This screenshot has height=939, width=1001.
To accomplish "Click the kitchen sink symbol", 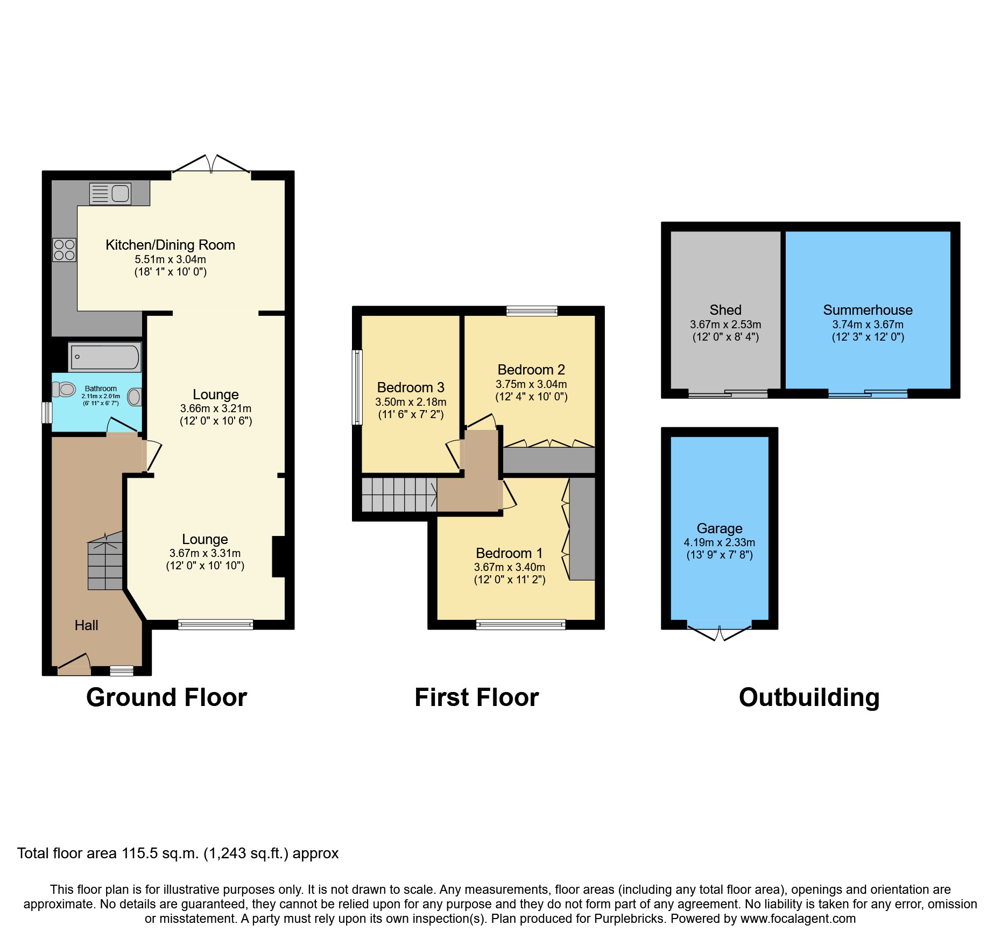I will (110, 194).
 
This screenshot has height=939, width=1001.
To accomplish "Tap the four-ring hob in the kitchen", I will (64, 250).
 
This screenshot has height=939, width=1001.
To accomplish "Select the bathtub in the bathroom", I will (105, 357).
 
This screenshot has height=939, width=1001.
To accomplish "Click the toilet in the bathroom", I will (64, 389).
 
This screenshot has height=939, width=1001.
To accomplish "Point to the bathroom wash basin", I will (135, 397).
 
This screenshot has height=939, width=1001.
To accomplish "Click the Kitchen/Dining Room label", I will (170, 245).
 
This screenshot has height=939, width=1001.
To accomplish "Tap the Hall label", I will (86, 625).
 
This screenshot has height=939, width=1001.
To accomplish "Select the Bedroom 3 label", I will (410, 387).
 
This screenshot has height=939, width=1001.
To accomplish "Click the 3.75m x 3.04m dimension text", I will (531, 384).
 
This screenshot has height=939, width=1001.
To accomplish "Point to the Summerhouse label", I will (868, 310).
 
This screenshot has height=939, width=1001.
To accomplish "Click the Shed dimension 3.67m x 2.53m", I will (725, 324).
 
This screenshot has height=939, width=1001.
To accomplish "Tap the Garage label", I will (719, 528).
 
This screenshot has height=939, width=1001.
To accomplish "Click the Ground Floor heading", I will (166, 697).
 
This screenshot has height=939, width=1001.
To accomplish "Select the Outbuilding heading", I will (809, 697).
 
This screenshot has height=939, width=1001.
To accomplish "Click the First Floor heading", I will (476, 697).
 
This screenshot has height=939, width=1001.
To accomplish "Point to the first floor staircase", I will (399, 495).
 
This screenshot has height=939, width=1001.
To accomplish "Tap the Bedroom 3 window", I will (357, 387).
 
